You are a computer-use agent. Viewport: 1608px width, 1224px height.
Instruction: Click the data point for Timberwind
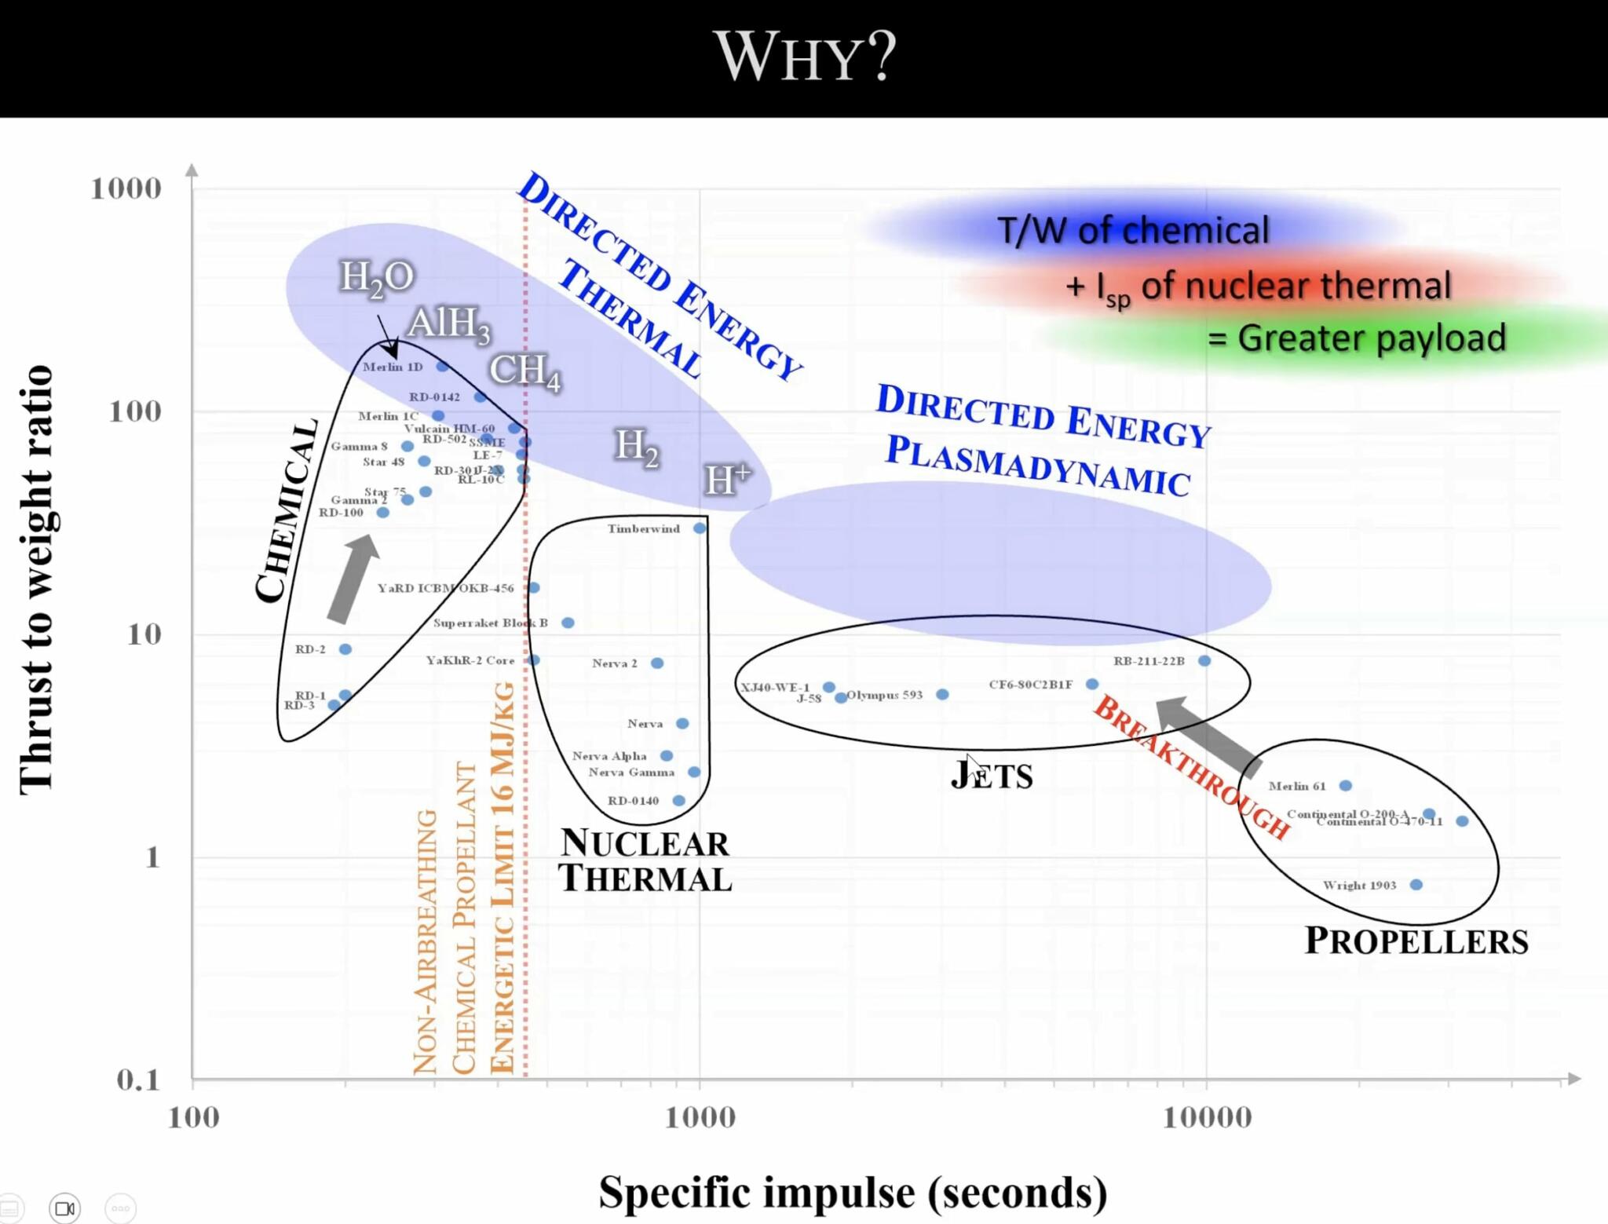699,528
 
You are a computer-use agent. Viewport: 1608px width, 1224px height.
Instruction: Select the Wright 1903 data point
1416,885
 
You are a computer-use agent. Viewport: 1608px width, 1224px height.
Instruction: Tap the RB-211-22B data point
1204,661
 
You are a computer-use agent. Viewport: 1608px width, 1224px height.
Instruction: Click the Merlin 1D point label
393,367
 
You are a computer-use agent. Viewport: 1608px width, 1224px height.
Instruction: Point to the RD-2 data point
345,649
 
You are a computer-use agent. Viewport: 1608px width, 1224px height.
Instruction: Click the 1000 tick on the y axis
126,188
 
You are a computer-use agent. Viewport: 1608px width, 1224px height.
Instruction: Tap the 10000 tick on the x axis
1207,1117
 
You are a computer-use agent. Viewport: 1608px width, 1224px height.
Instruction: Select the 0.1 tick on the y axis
137,1080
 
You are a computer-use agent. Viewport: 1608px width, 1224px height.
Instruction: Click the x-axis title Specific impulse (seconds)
853,1192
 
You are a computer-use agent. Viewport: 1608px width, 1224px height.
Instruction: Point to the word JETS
992,776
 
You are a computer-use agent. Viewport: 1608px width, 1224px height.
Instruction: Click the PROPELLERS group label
1416,941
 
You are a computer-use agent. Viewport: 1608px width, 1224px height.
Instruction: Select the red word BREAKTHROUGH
1190,767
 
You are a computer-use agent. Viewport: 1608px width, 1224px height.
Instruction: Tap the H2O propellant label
376,277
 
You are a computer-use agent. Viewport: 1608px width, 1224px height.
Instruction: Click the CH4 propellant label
524,371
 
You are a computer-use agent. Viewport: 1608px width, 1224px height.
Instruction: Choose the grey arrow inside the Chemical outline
353,579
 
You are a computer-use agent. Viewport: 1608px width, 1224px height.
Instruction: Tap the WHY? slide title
805,57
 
